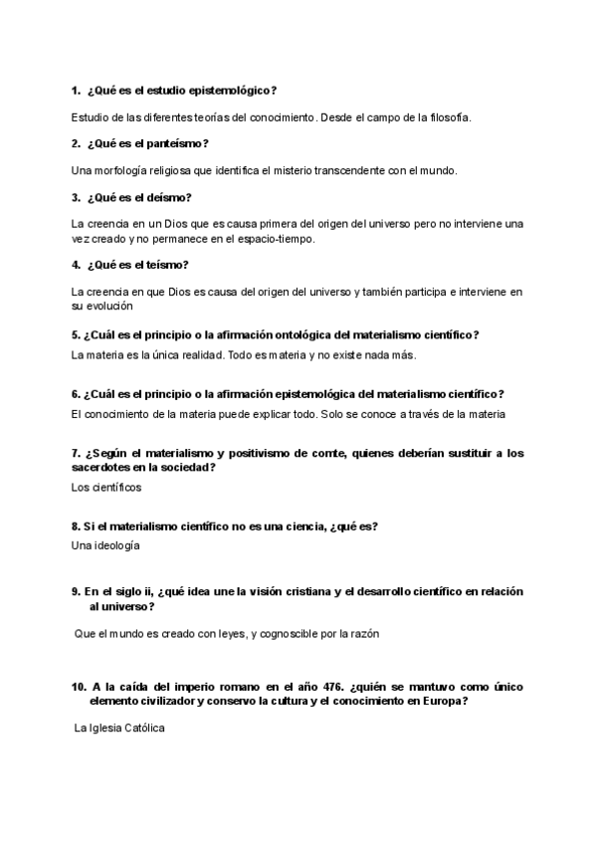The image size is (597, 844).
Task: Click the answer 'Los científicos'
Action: coord(107,487)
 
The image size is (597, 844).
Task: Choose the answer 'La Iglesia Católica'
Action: coord(119,729)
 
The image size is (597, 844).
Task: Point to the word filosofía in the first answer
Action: coord(445,117)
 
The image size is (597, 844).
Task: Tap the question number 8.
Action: coord(76,526)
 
